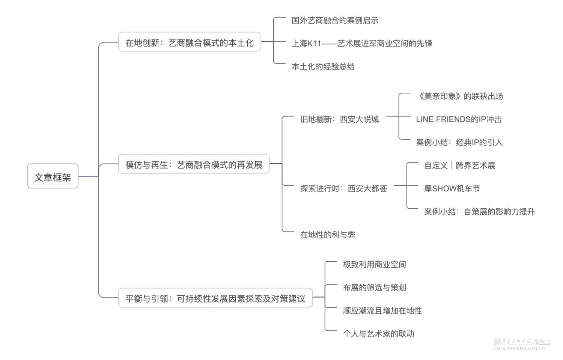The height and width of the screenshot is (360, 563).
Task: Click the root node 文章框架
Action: pyautogui.click(x=53, y=176)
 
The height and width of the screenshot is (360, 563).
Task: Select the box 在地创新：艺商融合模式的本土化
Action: pyautogui.click(x=190, y=42)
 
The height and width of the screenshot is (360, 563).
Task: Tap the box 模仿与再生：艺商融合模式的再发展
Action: pyautogui.click(x=194, y=164)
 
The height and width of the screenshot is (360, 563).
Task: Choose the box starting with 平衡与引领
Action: pyautogui.click(x=215, y=298)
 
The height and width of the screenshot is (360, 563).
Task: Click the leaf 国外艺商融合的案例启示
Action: pyautogui.click(x=335, y=20)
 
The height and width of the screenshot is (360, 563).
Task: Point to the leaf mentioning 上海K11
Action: pyautogui.click(x=362, y=44)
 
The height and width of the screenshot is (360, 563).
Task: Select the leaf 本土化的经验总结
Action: pyautogui.click(x=323, y=66)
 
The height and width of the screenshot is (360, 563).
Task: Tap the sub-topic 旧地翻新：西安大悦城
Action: pyautogui.click(x=339, y=119)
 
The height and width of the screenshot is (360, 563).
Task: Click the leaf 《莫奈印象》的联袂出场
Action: pyautogui.click(x=460, y=96)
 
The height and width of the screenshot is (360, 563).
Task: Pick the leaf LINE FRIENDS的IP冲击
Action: pyautogui.click(x=459, y=119)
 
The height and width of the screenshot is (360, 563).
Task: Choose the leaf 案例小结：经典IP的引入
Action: pyautogui.click(x=459, y=142)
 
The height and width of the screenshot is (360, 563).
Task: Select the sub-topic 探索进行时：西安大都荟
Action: pyautogui.click(x=343, y=188)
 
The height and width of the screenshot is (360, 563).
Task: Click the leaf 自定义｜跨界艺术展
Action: pyautogui.click(x=459, y=166)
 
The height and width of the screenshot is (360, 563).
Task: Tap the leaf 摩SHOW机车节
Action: pyautogui.click(x=452, y=188)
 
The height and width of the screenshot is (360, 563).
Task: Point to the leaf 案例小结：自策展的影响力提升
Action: pyautogui.click(x=479, y=212)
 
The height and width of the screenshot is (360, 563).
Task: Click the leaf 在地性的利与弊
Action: pyautogui.click(x=328, y=235)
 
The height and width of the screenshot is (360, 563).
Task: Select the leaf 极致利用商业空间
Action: pyautogui.click(x=374, y=265)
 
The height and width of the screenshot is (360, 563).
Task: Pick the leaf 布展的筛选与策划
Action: pyautogui.click(x=374, y=288)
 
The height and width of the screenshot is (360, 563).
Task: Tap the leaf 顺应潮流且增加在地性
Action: pyautogui.click(x=382, y=311)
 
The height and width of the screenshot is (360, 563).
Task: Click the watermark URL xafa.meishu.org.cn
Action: pyautogui.click(x=519, y=348)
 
